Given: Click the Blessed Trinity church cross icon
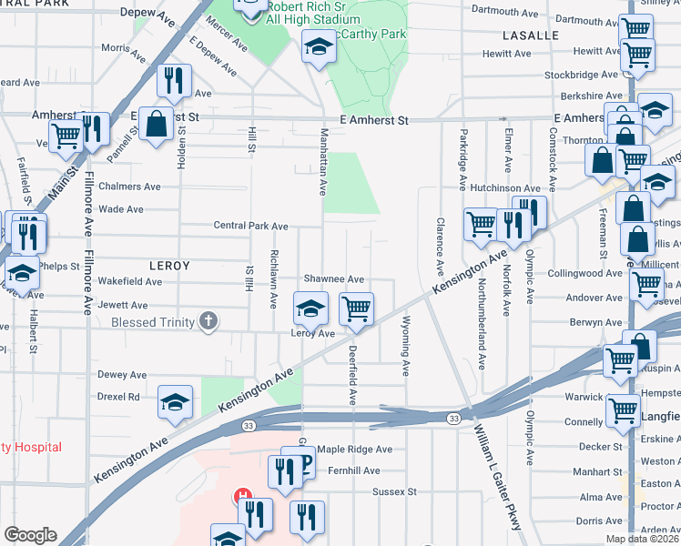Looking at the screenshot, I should tap(209, 320).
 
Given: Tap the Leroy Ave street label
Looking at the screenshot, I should tap(312, 334).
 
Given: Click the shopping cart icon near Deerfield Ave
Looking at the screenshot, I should tap(356, 309).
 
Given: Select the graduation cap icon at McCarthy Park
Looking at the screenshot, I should tap(319, 46).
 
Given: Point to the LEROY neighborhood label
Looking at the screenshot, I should tap(169, 266).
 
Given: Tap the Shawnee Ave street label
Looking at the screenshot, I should tap(334, 279).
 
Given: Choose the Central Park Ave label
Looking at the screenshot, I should tap(250, 226).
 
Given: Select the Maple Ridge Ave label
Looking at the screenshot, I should tap(354, 450).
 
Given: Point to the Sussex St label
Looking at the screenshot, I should tap(394, 491).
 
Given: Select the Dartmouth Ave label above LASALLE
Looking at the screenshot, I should tap(507, 12).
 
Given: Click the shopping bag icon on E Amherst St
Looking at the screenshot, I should tap(157, 125).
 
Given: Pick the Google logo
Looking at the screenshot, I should tap(30, 535).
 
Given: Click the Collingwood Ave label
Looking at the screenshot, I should tap(585, 273).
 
